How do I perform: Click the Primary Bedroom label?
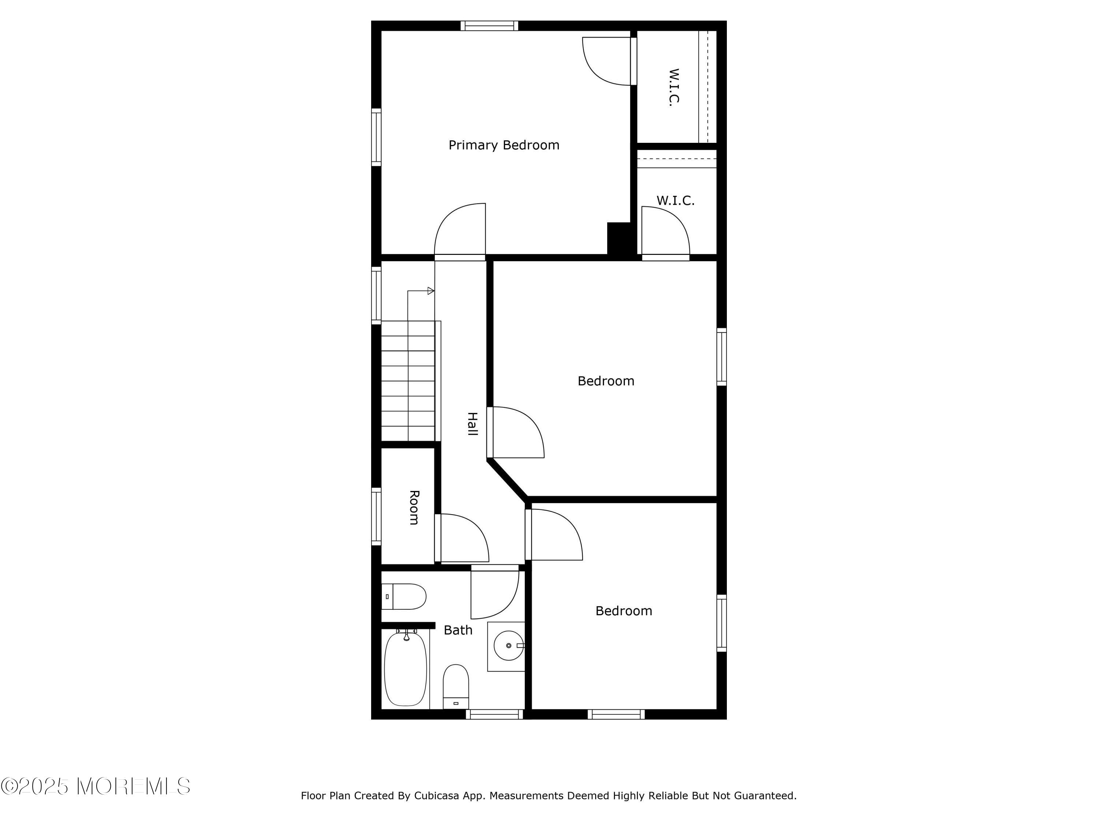[x=504, y=145]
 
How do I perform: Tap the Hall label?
[x=473, y=424]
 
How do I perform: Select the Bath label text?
[x=457, y=630]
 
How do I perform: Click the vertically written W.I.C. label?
[x=673, y=88]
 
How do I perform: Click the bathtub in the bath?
[x=406, y=668]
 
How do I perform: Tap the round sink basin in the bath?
[x=509, y=646]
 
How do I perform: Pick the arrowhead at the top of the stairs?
[x=431, y=291]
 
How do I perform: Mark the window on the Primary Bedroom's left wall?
[x=376, y=137]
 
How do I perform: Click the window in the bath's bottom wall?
[x=494, y=714]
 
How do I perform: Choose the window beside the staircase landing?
[x=376, y=296]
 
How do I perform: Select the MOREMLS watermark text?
[x=95, y=786]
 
